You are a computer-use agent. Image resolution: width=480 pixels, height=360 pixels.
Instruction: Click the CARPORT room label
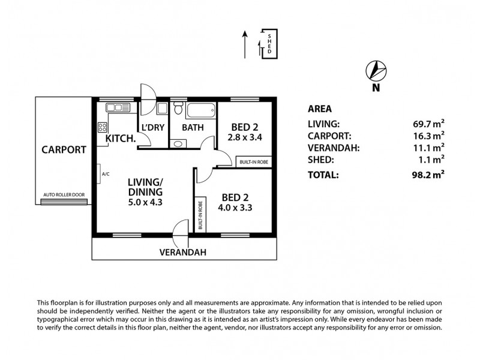coord(64,150)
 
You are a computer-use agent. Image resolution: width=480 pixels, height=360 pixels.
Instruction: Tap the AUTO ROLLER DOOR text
coord(64,195)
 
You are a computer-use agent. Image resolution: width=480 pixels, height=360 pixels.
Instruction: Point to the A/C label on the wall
coord(106,174)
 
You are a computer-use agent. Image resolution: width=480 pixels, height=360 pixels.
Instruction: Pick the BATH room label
coord(193,127)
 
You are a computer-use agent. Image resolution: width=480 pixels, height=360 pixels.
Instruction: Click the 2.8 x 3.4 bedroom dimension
coord(245,137)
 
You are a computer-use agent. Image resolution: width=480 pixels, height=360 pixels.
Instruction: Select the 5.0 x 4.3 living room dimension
coord(146,202)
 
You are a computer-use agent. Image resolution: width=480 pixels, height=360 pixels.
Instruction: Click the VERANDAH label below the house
coord(183,253)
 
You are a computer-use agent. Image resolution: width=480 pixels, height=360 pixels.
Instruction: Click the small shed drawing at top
coord(269,43)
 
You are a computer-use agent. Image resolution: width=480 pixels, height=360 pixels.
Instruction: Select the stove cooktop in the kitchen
coord(102,127)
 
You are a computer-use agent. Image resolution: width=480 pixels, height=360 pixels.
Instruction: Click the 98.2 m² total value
coord(426,175)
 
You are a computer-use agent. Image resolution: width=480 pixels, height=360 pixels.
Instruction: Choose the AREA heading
coord(320,109)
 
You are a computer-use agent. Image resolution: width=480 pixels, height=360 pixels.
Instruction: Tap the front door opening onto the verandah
coord(180,230)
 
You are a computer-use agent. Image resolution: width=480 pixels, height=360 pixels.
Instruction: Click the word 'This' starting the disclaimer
coord(45,303)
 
